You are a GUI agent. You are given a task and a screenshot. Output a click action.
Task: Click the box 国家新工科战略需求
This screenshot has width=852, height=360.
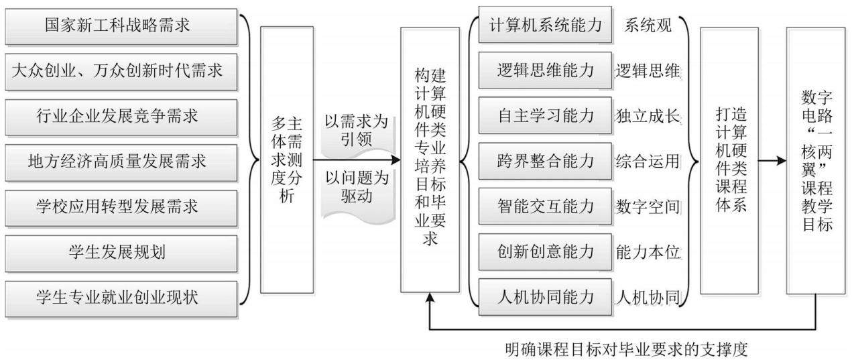point(121,27)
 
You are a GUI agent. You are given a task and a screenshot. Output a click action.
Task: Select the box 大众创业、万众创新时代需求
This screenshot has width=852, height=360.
point(121,72)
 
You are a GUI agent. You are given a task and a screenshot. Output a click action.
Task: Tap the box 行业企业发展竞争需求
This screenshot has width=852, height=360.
point(121,117)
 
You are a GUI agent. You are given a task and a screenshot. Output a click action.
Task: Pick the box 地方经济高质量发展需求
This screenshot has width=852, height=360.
point(121,162)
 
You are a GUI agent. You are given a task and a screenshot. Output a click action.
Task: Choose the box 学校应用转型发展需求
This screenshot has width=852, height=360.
point(121,208)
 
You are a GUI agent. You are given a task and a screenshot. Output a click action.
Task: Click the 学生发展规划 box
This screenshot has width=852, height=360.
point(121,253)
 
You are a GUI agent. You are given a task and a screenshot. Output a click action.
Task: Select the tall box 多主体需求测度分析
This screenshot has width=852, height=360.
point(287,160)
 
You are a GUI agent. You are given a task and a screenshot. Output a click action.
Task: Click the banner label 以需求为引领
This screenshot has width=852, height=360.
point(357,131)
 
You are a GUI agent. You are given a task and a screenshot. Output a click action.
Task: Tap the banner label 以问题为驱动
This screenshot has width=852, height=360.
point(357,187)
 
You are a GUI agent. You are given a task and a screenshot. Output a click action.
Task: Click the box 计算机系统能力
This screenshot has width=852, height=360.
point(545,25)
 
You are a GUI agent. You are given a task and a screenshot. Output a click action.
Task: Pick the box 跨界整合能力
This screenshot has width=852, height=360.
point(545,161)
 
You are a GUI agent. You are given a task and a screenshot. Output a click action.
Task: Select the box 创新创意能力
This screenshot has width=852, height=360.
point(545,251)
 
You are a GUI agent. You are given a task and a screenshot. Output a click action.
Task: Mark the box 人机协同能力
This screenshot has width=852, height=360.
point(545,297)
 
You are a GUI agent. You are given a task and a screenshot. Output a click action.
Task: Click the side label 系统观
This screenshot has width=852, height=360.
point(648,25)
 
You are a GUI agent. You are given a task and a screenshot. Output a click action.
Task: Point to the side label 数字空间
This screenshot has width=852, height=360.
point(648,206)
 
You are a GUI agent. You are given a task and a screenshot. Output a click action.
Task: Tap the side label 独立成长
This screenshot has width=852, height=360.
point(648,116)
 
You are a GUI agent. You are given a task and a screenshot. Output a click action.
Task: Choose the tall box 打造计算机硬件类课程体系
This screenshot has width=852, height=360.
point(729,161)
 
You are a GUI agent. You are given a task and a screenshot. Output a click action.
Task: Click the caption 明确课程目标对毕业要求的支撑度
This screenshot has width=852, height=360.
point(627,350)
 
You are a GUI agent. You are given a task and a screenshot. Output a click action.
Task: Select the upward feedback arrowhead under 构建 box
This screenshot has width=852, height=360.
point(430,298)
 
